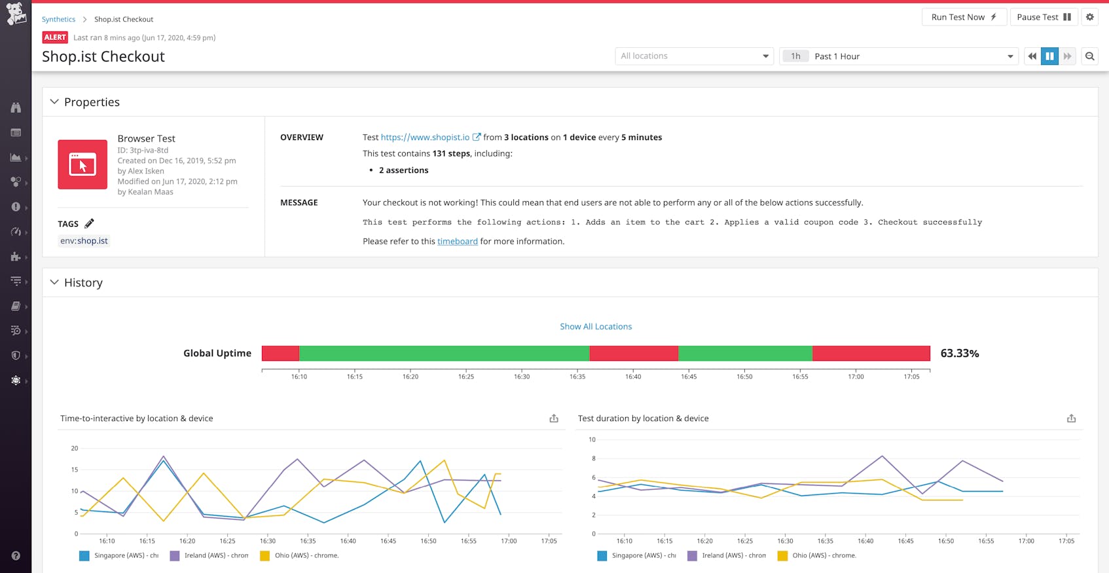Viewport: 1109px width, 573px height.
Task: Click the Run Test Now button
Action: pos(963,17)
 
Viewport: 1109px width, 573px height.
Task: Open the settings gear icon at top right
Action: pos(1090,17)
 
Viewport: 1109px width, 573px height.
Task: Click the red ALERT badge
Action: pos(55,37)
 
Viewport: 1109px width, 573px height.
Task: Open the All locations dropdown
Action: pos(694,56)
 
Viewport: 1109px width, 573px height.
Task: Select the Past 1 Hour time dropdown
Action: pos(898,56)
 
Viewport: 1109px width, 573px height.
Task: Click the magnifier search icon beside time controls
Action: pos(1090,56)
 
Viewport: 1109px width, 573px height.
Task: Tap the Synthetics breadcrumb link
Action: pos(58,20)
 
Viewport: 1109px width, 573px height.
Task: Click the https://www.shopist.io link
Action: pos(425,138)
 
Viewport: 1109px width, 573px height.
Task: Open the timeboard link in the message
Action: pos(457,242)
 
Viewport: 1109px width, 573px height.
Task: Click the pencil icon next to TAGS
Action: pos(89,223)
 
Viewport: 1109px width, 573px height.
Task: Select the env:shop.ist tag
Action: pos(84,241)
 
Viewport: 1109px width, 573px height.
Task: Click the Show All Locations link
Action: pos(596,327)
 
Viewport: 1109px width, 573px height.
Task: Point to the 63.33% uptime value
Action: pos(959,354)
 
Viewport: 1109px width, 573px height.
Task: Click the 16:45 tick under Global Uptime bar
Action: pos(689,377)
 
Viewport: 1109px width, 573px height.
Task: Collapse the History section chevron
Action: pos(54,282)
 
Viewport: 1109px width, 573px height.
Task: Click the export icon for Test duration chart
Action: pos(1071,418)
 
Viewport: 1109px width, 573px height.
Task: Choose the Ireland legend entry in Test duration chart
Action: pos(727,556)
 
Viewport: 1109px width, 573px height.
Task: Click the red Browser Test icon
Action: pos(82,164)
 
